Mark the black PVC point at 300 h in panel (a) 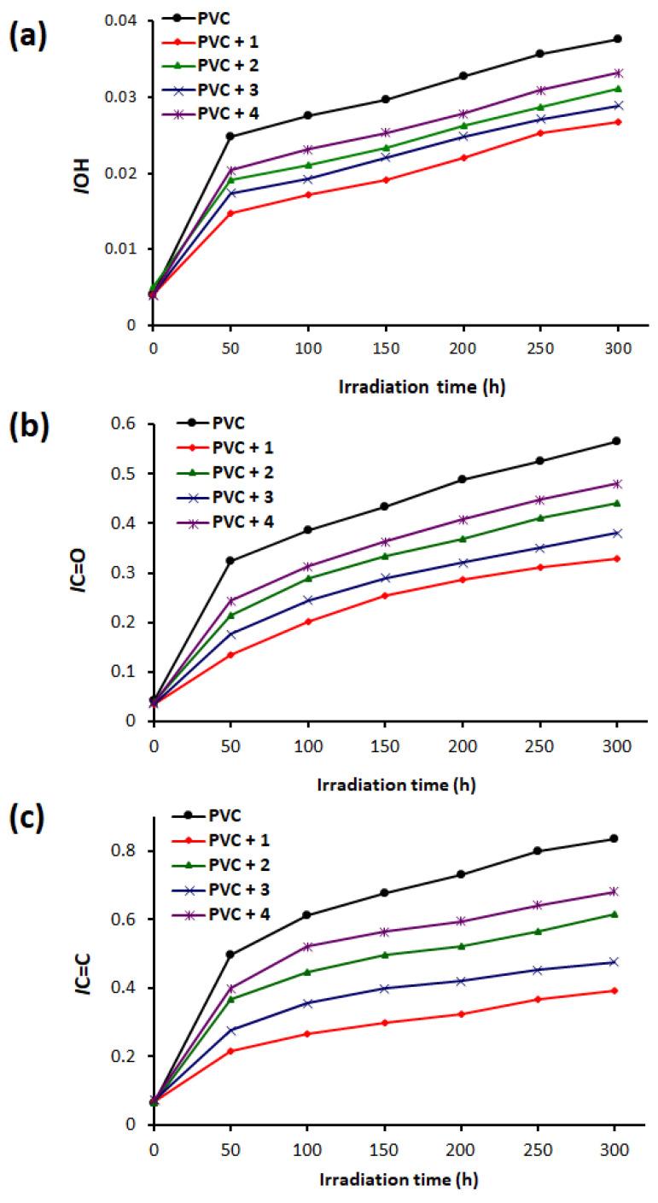[x=617, y=39]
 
